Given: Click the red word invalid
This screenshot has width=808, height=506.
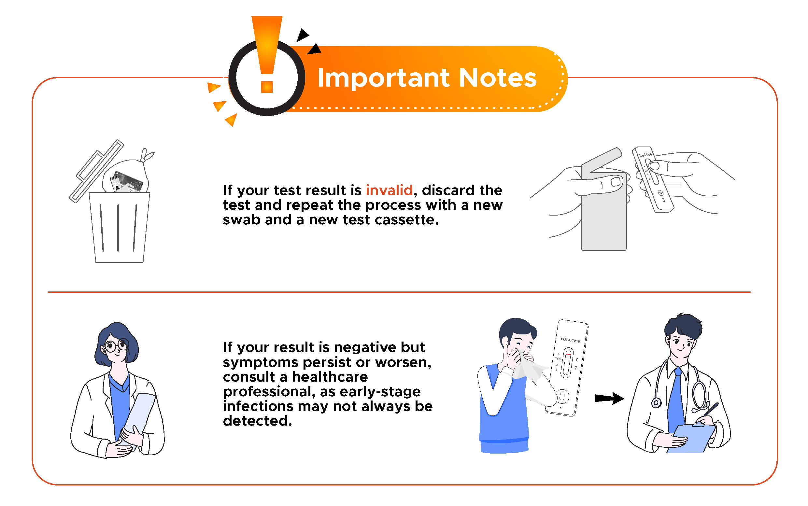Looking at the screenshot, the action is [x=389, y=190].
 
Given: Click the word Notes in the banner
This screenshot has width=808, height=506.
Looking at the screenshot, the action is [x=498, y=77].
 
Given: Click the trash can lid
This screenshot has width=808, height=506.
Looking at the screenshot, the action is [x=96, y=171].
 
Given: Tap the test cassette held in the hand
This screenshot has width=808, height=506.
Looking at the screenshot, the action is [x=652, y=180].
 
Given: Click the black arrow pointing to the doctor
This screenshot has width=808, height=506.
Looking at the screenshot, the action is [x=609, y=398].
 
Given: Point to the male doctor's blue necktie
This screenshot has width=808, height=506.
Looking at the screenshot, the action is [x=676, y=401].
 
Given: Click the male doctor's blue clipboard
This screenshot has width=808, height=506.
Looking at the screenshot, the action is [x=691, y=438].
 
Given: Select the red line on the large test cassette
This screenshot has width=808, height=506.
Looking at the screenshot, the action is [x=568, y=354].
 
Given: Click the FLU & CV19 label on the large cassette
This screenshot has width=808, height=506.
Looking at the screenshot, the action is [x=570, y=340].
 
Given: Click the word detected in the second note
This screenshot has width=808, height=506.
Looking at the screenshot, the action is [x=257, y=421].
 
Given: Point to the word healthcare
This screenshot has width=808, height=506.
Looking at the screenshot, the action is [x=330, y=377].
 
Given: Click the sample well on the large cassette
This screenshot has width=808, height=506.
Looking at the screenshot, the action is [x=562, y=397].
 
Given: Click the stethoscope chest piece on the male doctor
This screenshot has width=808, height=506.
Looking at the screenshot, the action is [x=656, y=402].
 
